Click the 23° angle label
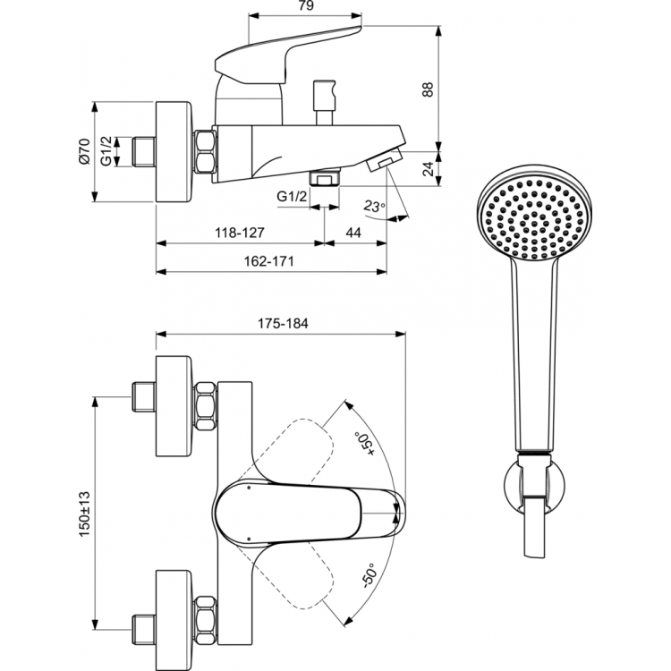(374, 206)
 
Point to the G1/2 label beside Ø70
(106, 151)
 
